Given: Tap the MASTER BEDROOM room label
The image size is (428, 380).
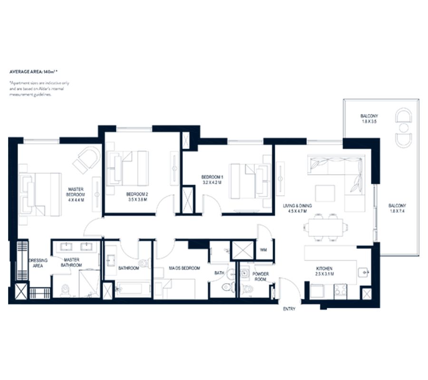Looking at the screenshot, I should [76, 194].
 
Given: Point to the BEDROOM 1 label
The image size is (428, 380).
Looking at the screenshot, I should [212, 180].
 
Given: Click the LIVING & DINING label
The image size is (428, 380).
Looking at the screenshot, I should [297, 209].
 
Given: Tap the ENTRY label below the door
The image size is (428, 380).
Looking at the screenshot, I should [289, 309].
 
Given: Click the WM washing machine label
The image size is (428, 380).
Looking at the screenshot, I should [263, 250].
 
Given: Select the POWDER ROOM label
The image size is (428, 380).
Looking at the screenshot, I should [261, 277].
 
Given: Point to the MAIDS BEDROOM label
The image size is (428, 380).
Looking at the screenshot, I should [185, 268].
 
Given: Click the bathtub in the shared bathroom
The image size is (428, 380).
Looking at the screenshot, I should [133, 288].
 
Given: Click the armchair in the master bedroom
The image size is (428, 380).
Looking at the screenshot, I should [87, 159].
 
